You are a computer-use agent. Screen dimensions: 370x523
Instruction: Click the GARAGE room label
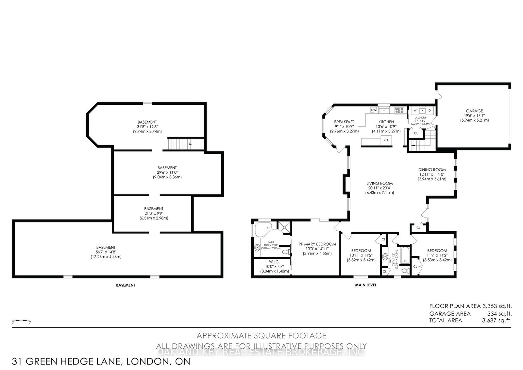474,111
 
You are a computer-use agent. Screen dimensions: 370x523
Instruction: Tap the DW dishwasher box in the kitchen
374,110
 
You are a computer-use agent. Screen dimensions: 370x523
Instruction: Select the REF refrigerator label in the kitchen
386,140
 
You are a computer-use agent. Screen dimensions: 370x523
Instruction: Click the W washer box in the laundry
415,110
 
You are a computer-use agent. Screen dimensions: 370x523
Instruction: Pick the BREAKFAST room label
344,122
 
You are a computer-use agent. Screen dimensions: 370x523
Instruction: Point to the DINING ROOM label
432,170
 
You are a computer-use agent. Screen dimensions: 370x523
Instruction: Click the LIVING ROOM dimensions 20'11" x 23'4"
380,188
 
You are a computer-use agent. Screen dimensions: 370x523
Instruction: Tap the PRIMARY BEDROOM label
317,244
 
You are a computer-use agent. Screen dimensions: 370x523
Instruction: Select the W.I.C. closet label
275,262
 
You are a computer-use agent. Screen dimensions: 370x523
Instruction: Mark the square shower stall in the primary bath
284,227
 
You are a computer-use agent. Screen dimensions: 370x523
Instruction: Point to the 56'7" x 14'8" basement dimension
106,252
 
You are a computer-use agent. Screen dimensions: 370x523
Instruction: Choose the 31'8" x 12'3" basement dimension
147,127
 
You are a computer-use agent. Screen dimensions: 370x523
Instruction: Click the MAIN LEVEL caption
366,285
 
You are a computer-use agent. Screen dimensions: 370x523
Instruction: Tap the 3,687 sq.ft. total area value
497,321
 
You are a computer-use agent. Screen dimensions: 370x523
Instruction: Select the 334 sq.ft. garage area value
499,314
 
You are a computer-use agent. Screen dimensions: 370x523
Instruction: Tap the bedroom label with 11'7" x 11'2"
437,251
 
